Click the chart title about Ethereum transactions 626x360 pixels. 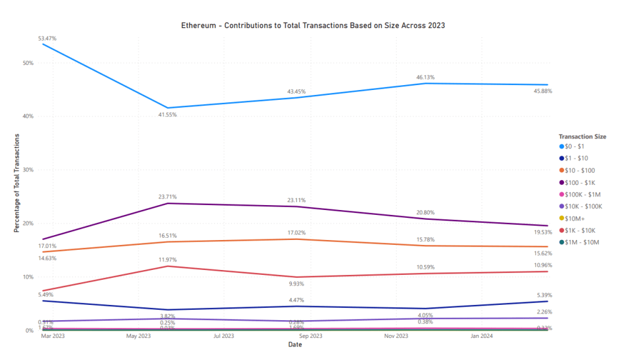313,26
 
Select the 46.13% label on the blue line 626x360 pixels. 425,78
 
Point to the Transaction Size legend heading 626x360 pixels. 582,137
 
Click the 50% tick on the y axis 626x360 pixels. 28,63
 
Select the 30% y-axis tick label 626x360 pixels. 28,170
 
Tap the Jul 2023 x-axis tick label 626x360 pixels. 223,336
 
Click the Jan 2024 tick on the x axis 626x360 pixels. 482,336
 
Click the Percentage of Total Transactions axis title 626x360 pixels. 17,183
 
